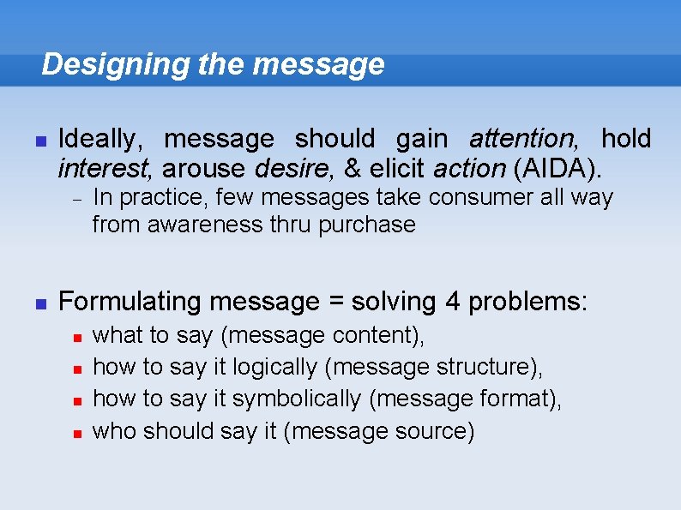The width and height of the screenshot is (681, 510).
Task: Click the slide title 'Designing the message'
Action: pos(213,64)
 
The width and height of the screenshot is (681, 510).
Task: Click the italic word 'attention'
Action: pos(522,138)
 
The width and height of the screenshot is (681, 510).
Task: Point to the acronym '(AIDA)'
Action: pos(555,165)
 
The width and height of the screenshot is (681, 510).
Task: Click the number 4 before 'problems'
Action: pos(453,302)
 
